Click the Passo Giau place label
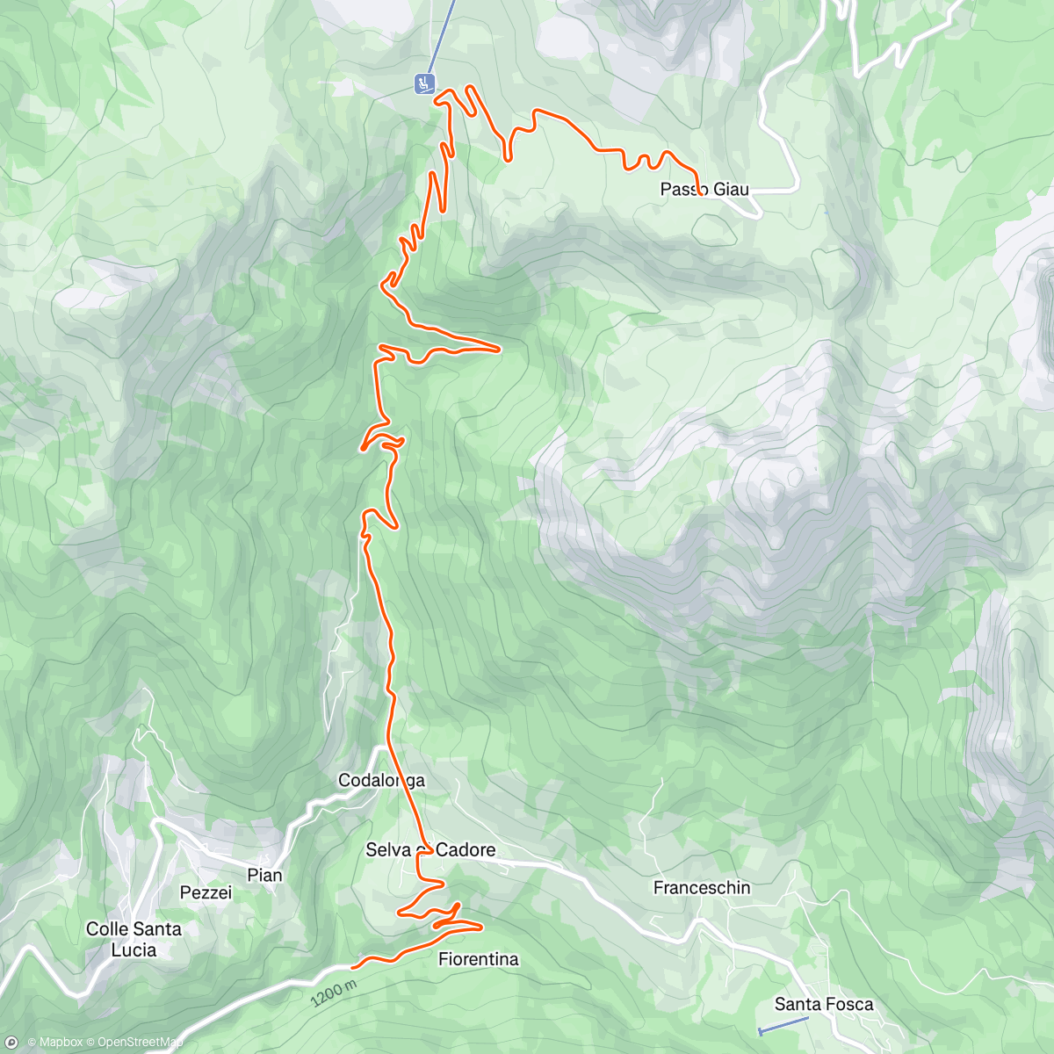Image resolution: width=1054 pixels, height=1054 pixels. click(704, 190)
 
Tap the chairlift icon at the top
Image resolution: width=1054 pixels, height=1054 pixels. click(425, 83)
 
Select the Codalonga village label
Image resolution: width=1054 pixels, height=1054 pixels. click(382, 780)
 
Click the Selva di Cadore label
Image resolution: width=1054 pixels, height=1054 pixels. click(430, 849)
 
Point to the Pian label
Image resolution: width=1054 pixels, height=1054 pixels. click(264, 875)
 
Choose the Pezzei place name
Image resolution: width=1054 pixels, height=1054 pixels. click(206, 892)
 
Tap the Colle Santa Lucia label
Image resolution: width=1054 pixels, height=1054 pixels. click(134, 939)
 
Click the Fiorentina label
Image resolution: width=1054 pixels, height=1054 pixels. click(479, 959)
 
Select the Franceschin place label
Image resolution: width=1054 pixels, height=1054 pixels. click(702, 888)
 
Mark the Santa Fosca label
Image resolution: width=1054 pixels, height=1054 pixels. click(824, 1004)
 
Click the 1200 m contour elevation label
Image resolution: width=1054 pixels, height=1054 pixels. click(333, 993)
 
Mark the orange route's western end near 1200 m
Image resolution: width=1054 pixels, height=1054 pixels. click(353, 967)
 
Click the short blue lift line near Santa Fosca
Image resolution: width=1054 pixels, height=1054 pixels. click(783, 1025)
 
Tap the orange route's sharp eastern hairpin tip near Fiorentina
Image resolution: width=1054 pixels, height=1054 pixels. click(481, 926)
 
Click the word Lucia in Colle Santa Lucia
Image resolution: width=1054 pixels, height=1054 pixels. click(134, 949)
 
